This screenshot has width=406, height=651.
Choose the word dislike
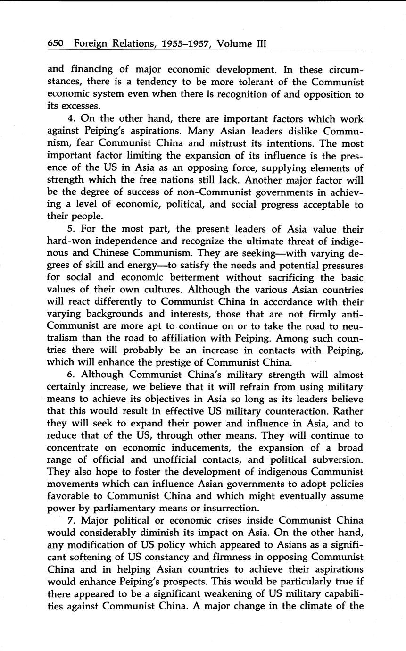pyautogui.click(x=289, y=131)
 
